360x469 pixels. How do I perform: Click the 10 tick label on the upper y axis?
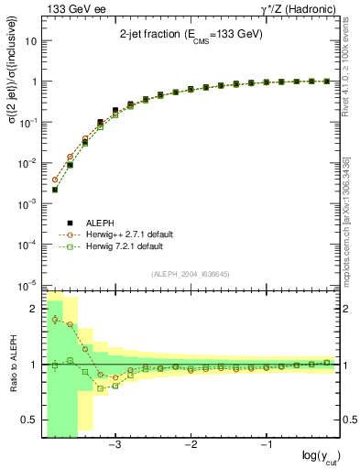point(31,41)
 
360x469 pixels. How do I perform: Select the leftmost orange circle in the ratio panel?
point(55,319)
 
